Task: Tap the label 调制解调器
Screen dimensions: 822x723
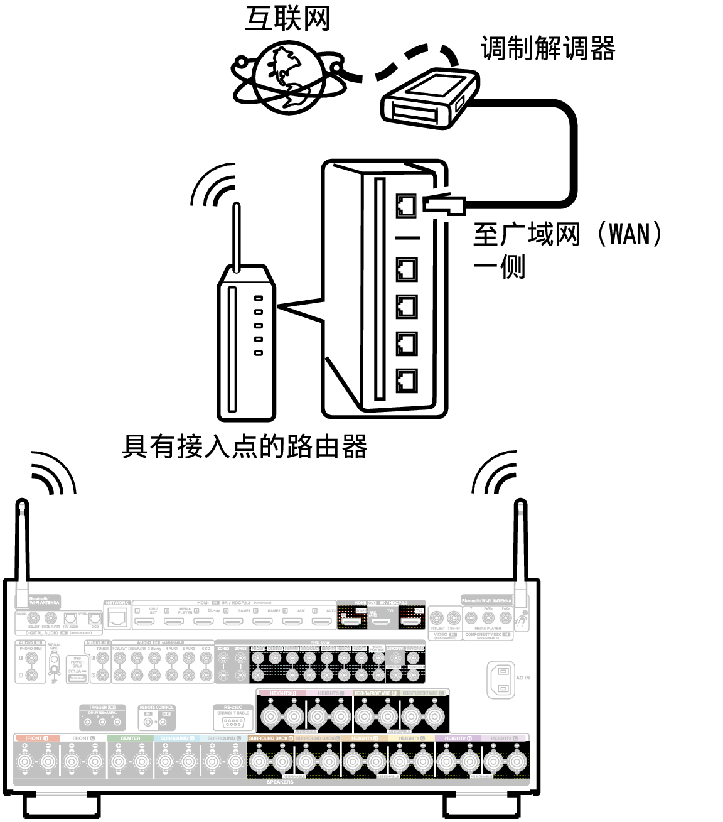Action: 548,48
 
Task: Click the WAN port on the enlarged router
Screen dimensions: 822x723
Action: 406,205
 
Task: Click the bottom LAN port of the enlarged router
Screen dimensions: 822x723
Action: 406,381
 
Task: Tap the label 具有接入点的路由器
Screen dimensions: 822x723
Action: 244,447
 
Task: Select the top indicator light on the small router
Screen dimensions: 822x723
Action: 258,298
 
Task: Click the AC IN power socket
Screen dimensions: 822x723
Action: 501,679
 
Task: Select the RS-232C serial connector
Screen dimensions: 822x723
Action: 232,722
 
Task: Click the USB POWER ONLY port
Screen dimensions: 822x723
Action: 77,678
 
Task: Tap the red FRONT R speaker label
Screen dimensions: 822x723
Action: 37,738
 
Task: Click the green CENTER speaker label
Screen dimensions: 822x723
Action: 130,738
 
